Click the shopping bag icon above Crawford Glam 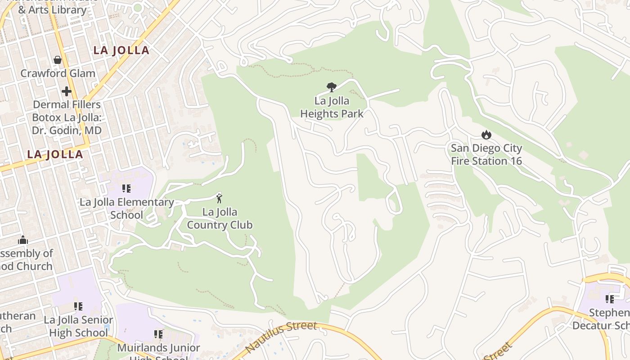58,59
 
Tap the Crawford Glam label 58,73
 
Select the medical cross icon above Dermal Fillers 67,92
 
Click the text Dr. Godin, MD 67,130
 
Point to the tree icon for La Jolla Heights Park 332,87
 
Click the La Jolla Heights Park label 332,108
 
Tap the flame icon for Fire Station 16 486,135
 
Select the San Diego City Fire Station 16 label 486,154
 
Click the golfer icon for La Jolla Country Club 219,198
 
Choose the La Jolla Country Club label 220,218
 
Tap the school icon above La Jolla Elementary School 126,189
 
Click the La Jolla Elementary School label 127,208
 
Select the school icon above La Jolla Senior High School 78,306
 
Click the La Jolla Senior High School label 78,326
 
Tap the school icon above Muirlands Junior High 158,334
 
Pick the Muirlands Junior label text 158,348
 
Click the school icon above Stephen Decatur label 610,299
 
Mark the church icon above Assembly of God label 23,240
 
